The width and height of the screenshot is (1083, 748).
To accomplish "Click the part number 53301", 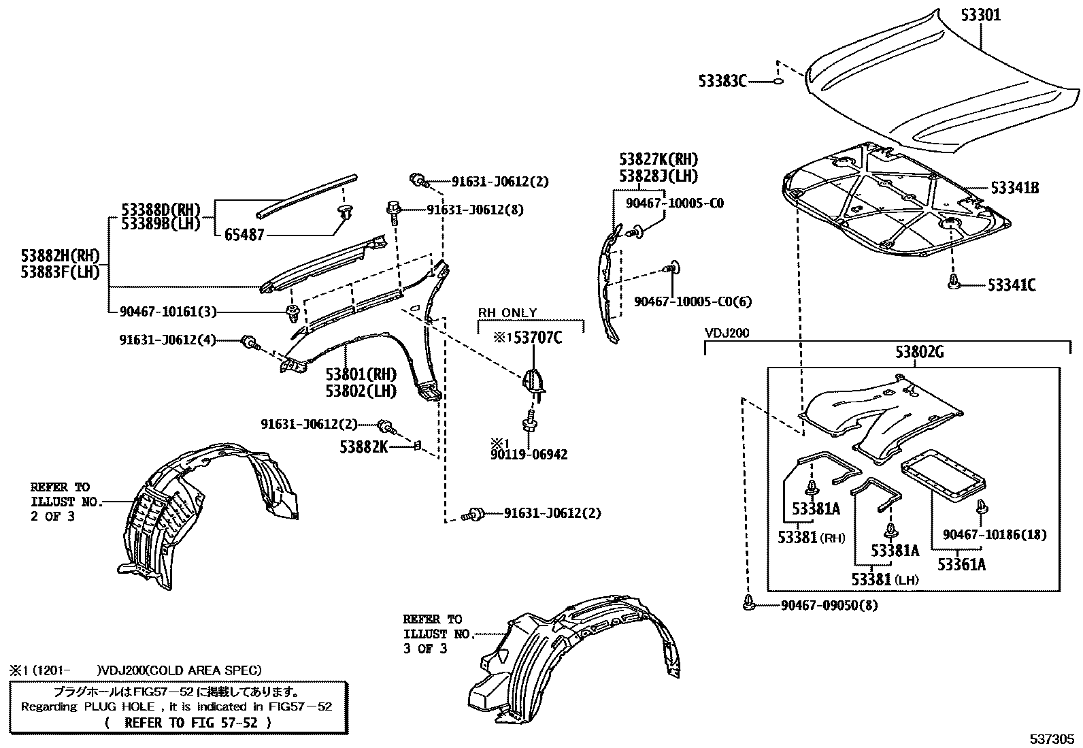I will [x=980, y=14].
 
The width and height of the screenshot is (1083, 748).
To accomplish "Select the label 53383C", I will [x=722, y=82].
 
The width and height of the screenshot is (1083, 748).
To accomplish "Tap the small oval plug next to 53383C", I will [x=778, y=82].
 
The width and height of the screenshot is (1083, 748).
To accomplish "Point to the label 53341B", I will [x=1014, y=188].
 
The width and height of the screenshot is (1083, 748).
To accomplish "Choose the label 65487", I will [x=244, y=235].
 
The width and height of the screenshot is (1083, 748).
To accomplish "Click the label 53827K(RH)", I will [x=658, y=160].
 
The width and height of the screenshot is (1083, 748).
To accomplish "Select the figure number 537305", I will [x=1052, y=738].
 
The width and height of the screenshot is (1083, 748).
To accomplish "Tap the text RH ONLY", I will [x=507, y=313].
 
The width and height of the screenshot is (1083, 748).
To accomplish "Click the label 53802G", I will [x=920, y=353].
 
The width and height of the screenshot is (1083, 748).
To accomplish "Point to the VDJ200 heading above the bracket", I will [x=727, y=334].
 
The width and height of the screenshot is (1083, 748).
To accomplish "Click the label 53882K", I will [x=364, y=447].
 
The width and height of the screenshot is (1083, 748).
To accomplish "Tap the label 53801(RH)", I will [x=360, y=374].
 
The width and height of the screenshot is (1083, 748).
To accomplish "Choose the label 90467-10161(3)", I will [x=167, y=312].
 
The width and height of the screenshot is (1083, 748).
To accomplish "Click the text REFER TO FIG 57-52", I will [x=191, y=723].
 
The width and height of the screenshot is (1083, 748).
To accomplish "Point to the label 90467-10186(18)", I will [x=995, y=535].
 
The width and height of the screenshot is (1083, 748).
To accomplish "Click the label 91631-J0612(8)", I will [x=475, y=210].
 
